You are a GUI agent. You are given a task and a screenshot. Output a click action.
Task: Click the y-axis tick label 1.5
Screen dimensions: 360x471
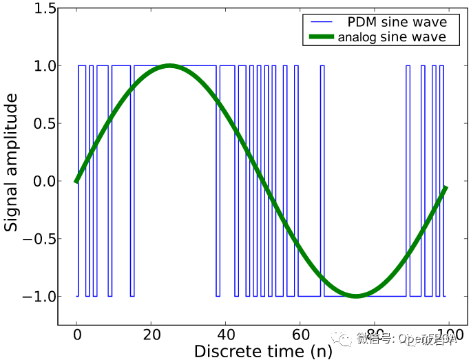tap(41, 9)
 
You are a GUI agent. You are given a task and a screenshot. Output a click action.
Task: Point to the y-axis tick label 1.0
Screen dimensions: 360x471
tap(41, 66)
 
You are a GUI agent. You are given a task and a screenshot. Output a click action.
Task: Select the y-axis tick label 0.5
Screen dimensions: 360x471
tap(41, 124)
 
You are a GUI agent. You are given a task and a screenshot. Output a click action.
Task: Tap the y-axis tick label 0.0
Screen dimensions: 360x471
tap(41, 182)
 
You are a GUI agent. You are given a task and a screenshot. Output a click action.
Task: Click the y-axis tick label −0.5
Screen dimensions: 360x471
tap(36, 240)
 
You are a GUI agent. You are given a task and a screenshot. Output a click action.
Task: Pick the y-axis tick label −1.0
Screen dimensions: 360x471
tap(36, 297)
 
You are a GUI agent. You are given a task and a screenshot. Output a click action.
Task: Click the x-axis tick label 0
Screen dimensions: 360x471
tap(77, 335)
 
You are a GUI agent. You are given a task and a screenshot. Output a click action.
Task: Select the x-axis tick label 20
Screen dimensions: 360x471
tap(151, 335)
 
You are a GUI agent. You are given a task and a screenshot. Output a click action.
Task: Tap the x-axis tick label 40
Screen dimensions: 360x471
tap(226, 335)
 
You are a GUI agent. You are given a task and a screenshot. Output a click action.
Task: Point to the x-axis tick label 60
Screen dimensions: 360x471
tap(300, 335)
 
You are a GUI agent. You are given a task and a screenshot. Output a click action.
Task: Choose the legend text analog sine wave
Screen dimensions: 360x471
tap(392, 37)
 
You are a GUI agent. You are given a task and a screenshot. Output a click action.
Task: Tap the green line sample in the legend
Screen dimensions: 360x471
tap(320, 37)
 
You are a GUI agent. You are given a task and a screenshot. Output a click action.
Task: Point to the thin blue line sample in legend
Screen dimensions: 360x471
tap(320, 23)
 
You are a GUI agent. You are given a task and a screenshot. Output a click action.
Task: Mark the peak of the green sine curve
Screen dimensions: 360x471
tap(169, 65)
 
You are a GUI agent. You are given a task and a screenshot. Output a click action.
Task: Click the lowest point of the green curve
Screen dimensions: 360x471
tap(355, 295)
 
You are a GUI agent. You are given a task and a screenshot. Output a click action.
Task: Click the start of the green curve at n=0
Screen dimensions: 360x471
tap(77, 181)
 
